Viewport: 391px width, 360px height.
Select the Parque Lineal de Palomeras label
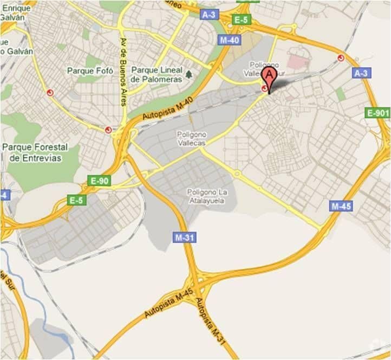157,75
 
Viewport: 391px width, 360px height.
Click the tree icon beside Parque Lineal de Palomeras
188,74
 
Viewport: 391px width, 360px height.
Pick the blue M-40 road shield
230,40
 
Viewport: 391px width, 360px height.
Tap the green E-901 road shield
378,113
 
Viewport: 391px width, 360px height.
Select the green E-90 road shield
100,181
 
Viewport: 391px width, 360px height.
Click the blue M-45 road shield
341,206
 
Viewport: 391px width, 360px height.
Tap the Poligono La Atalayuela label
205,196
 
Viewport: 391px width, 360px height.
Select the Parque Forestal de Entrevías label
35,152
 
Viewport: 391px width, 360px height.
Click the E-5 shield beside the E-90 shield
77,200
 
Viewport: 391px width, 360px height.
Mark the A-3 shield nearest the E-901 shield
361,73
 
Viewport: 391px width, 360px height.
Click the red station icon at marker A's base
264,88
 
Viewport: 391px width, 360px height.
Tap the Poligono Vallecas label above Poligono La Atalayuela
191,138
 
